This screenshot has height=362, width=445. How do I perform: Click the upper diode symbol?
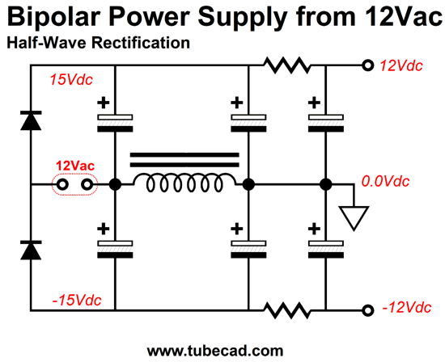coord(31,120)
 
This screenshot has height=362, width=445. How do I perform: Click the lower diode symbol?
coord(31,250)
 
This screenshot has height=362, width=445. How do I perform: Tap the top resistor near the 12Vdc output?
coord(287,65)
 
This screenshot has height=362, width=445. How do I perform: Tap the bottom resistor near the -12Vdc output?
coord(287,310)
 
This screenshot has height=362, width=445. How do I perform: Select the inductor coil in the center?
coord(184,183)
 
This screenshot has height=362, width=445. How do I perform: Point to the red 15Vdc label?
coord(71,80)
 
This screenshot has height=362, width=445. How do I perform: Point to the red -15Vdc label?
coord(77,301)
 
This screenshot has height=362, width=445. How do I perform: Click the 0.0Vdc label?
coord(385,181)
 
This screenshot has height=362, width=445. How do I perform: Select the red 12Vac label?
coord(75,166)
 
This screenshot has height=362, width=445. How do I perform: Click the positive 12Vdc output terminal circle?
coord(368,65)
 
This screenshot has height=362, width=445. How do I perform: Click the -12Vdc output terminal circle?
coord(368,310)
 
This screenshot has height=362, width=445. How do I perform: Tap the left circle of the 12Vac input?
coord(62,185)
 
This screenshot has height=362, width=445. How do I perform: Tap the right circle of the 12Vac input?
coord(87,185)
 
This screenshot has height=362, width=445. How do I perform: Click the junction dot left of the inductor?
coord(115,184)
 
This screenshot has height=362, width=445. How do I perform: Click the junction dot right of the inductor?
coord(248,184)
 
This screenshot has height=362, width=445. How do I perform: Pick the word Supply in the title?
coord(243,18)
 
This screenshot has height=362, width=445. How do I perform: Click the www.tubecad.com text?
coord(215,351)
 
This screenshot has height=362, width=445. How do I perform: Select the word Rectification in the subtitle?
coord(141,43)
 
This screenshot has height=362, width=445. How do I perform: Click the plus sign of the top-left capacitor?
coord(104,103)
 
